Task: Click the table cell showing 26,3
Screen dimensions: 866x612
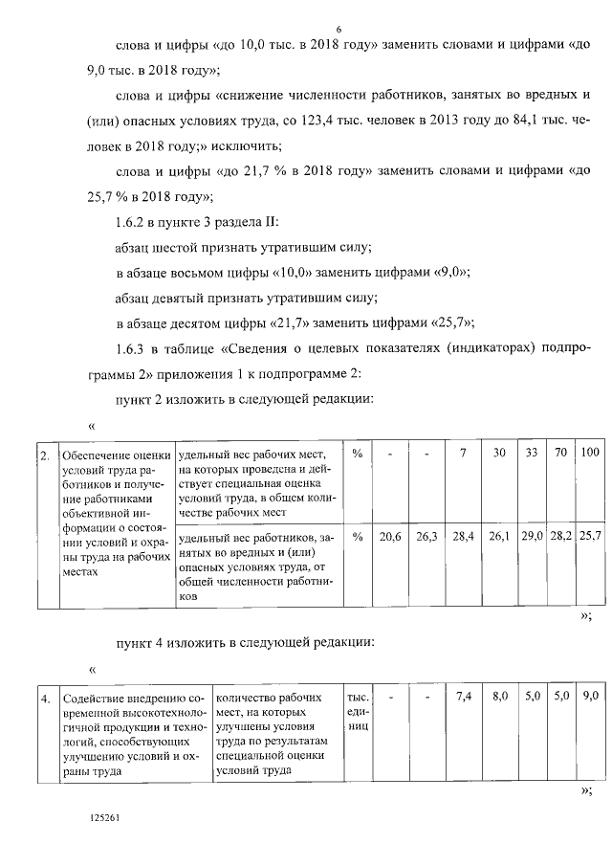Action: (426, 536)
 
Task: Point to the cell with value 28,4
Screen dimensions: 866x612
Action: (463, 536)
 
